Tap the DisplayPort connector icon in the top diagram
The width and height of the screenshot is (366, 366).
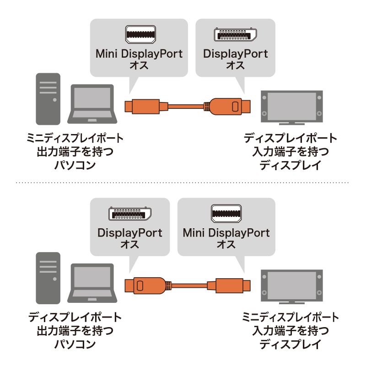(235, 35)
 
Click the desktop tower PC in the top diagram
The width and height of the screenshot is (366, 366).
(48, 99)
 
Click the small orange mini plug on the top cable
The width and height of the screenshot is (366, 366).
(144, 107)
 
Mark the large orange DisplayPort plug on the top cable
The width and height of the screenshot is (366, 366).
(227, 107)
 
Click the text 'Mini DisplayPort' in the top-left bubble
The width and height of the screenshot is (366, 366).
(139, 54)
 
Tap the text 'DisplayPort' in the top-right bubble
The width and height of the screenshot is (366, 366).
(235, 54)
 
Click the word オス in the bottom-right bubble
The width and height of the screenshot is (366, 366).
(226, 244)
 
